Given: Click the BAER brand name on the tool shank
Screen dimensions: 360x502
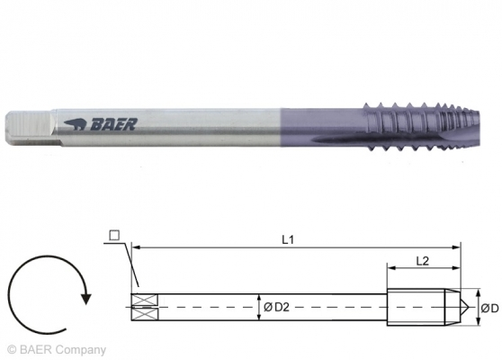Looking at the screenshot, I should tap(112, 124).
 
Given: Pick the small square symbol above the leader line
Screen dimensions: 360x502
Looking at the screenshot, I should tap(113, 236).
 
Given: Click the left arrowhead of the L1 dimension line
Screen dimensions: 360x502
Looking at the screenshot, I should tap(135, 245).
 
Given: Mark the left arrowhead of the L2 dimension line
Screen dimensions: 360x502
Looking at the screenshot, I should tap(390, 267).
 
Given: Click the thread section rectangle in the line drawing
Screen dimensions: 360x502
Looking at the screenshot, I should tap(418, 306).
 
